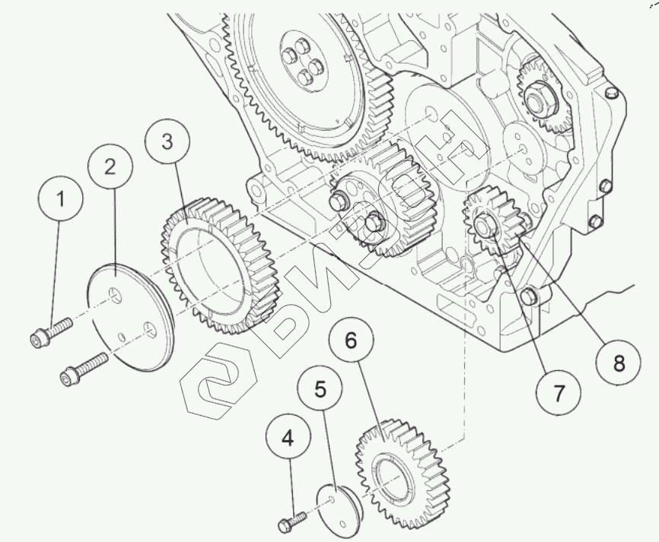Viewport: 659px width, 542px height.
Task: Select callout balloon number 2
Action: tap(110, 167)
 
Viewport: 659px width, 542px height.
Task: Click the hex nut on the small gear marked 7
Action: tap(485, 224)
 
